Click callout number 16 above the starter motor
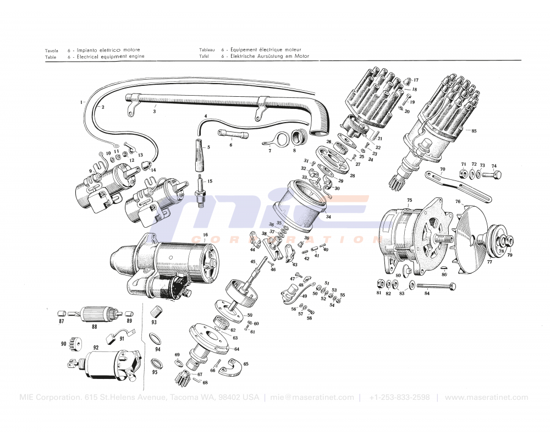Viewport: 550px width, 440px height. point(205,235)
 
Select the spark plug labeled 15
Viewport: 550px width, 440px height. point(201,189)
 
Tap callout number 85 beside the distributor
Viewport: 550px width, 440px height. point(474,131)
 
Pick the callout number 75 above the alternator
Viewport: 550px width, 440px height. point(409,200)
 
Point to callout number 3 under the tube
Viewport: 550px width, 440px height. point(155,111)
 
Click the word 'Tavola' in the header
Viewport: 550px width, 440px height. point(52,50)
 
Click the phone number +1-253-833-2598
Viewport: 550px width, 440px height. point(399,398)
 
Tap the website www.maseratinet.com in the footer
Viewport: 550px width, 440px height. point(486,398)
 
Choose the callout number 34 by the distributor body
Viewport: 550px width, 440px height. point(328,217)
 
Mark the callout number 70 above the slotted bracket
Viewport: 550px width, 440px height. point(442,169)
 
